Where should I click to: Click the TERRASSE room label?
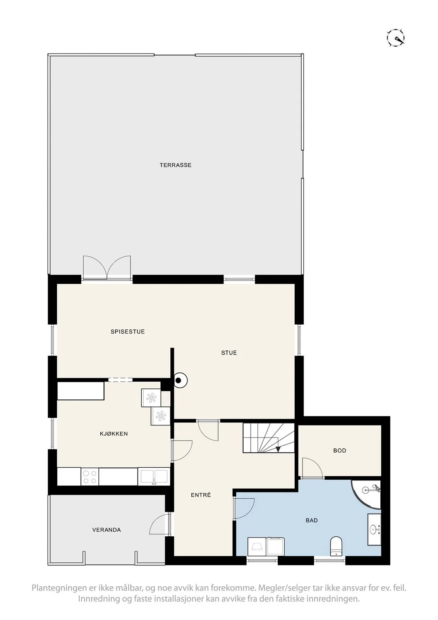pyautogui.click(x=175, y=165)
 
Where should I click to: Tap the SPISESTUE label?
pyautogui.click(x=127, y=332)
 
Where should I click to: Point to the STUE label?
pyautogui.click(x=229, y=353)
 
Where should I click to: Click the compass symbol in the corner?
pyautogui.click(x=396, y=38)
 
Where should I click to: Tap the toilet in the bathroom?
pyautogui.click(x=336, y=546)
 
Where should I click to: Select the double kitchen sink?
pyautogui.click(x=154, y=476)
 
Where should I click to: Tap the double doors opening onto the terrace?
pyautogui.click(x=107, y=268)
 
